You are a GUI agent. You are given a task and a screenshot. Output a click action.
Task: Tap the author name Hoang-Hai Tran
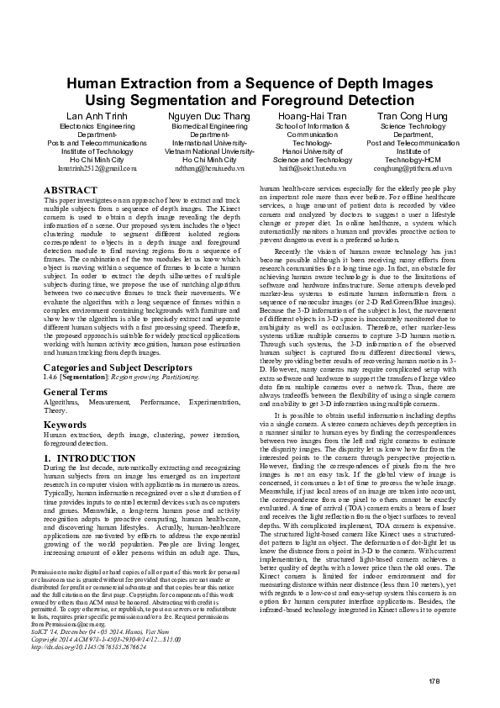pyautogui.click(x=312, y=114)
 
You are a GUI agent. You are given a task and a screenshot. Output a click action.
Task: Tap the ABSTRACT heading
pyautogui.click(x=69, y=192)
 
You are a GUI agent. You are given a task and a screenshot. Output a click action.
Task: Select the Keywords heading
pyautogui.click(x=65, y=425)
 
